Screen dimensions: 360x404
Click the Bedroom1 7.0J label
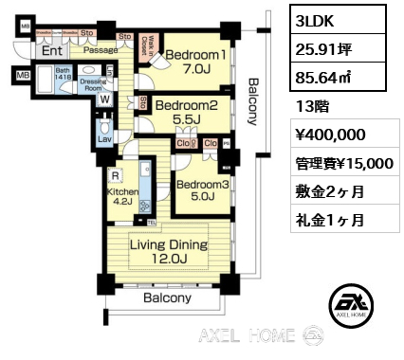pyautogui.click(x=196, y=63)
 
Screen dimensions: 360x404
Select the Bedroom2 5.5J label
pyautogui.click(x=187, y=112)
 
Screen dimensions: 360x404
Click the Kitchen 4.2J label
pyautogui.click(x=122, y=196)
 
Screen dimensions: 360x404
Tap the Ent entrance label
pyautogui.click(x=52, y=51)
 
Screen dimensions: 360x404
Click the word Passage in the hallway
pyautogui.click(x=100, y=49)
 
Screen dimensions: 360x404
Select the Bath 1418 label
pyautogui.click(x=64, y=75)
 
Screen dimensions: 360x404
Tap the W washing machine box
pyautogui.click(x=103, y=98)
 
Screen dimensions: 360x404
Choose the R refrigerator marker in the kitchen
pyautogui.click(x=115, y=175)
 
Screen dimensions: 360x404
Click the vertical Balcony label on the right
pyautogui.click(x=252, y=99)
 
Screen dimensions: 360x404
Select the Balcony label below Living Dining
pyautogui.click(x=167, y=297)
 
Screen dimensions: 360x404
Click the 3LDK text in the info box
pyautogui.click(x=315, y=21)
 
